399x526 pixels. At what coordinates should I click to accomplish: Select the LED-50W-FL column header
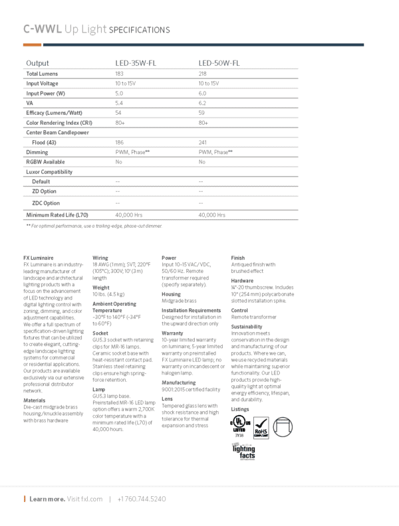coord(219,63)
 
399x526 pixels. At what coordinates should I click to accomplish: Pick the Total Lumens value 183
coord(120,73)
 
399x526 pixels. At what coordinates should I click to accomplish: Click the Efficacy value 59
coord(201,113)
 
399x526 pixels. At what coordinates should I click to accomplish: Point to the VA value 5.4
coord(120,103)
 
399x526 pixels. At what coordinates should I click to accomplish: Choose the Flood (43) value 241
coord(203,143)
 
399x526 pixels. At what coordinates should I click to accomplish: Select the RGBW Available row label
coord(46,161)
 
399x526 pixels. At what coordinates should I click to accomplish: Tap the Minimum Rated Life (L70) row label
coord(57,215)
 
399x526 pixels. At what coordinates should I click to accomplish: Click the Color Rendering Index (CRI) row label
coord(59,123)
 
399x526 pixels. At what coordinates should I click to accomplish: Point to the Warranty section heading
coord(172,332)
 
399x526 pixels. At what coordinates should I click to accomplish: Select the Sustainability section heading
coord(247,327)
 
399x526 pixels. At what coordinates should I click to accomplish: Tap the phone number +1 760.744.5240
coord(141,499)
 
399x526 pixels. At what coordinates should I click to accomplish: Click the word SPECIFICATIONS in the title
coord(139,30)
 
